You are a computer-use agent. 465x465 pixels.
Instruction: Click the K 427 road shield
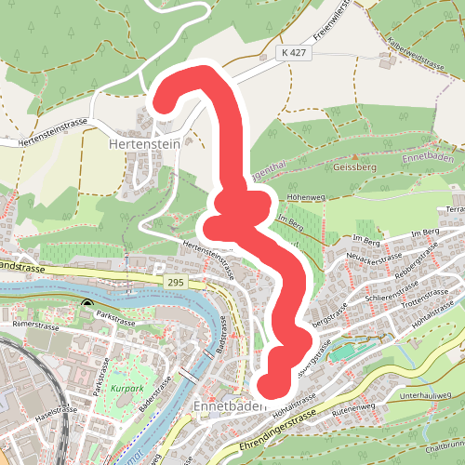pyautogui.click(x=293, y=55)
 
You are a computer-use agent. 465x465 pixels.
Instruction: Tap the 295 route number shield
pyautogui.click(x=173, y=281)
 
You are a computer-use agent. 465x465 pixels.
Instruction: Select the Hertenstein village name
pyautogui.click(x=144, y=145)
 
